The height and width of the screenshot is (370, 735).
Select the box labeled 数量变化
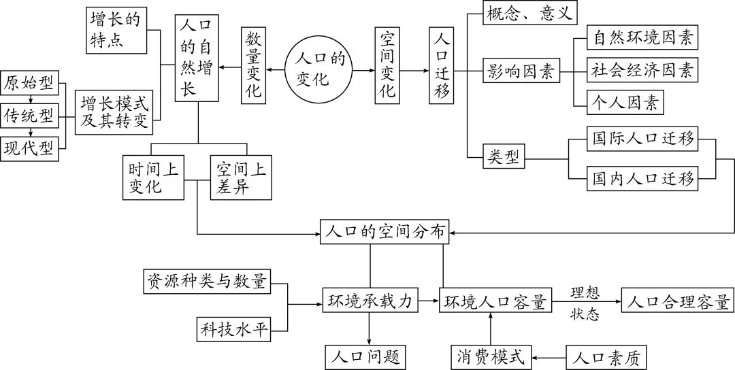(253, 66)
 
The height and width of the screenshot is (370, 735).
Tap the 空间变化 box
(387, 66)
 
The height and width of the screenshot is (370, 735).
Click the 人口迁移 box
(441, 66)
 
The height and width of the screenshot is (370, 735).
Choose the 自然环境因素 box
(644, 39)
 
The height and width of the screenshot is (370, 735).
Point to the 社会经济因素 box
(644, 69)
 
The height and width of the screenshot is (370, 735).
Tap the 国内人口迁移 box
(643, 179)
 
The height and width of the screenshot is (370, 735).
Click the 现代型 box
(29, 147)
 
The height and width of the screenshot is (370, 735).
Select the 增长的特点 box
(116, 31)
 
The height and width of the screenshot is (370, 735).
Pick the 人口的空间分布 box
(385, 232)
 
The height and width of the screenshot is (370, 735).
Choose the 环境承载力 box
(370, 301)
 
